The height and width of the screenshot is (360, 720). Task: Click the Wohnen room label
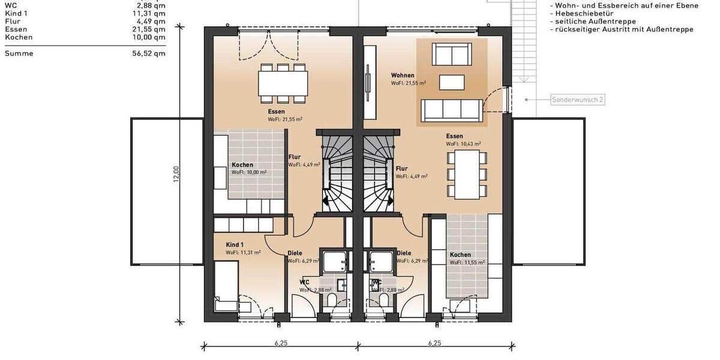(x=403, y=76)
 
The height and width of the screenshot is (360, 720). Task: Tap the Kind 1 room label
(x=235, y=245)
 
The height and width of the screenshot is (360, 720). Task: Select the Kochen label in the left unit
(x=242, y=165)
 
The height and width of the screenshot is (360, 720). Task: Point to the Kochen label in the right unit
(x=460, y=254)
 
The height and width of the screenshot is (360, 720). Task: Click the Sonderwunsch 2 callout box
(x=577, y=100)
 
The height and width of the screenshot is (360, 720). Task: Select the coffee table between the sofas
(x=451, y=82)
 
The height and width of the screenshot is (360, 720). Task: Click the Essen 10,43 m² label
(x=455, y=136)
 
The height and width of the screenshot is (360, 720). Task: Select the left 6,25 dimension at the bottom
(x=281, y=343)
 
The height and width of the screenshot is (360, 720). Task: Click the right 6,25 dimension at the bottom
(x=435, y=343)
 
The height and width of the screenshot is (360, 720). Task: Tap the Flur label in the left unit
(x=295, y=157)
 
